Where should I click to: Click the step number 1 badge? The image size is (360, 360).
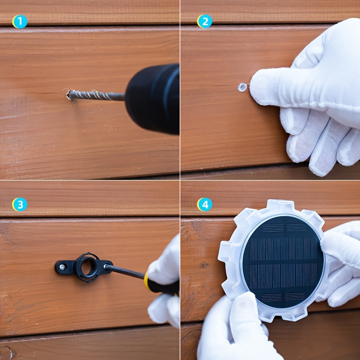(20, 22)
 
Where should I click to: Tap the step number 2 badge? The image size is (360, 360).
(205, 21)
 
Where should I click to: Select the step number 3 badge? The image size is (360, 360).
(20, 204)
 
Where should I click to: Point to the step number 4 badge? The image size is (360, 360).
(205, 204)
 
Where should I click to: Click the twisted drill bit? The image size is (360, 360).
(96, 95)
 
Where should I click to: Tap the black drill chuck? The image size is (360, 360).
(153, 98)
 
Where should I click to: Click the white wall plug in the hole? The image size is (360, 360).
(242, 87)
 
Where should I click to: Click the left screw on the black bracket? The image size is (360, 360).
(62, 267)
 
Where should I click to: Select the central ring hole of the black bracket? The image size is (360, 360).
(87, 267)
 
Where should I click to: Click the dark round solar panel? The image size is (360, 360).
(283, 262)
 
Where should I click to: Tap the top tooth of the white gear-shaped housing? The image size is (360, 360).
(280, 205)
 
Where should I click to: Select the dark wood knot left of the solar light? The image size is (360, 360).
(204, 265)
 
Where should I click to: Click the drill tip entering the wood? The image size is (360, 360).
(69, 95)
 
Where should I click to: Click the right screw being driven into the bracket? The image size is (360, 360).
(106, 266)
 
